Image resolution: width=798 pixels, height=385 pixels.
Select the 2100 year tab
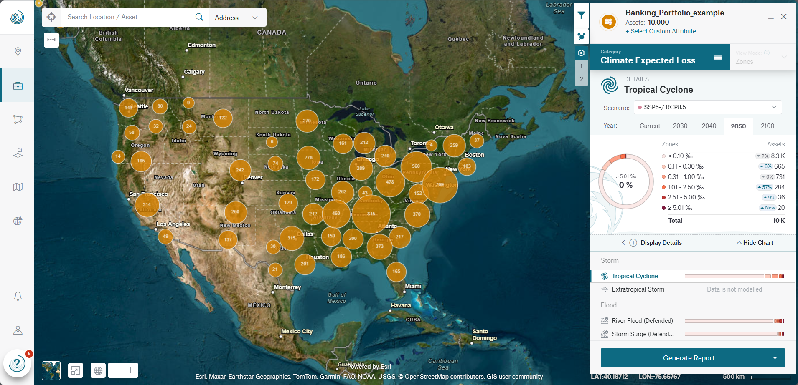(x=767, y=126)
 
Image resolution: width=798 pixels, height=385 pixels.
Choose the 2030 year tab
(x=680, y=126)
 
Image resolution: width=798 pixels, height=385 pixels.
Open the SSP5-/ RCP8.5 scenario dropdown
(x=707, y=107)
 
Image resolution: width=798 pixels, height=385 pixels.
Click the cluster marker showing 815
(x=371, y=214)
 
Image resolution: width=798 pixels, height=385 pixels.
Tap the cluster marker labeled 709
(x=440, y=185)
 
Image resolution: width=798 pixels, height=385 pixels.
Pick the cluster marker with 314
(x=147, y=205)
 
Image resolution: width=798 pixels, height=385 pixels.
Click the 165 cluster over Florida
(x=396, y=272)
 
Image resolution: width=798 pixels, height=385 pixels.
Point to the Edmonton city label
(x=201, y=45)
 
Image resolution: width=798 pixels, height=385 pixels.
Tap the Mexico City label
(x=297, y=332)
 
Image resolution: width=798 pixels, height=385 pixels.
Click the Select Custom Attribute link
(x=661, y=31)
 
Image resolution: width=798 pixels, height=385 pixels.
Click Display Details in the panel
(x=661, y=243)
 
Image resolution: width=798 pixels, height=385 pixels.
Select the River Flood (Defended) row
(x=642, y=321)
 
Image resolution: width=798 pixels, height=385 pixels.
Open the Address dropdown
(x=236, y=18)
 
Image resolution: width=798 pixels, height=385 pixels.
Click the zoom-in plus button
(x=131, y=370)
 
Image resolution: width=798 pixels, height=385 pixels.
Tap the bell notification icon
(x=18, y=296)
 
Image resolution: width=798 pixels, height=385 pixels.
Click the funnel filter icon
(x=581, y=15)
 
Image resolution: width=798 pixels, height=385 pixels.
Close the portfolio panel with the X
(x=784, y=17)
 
